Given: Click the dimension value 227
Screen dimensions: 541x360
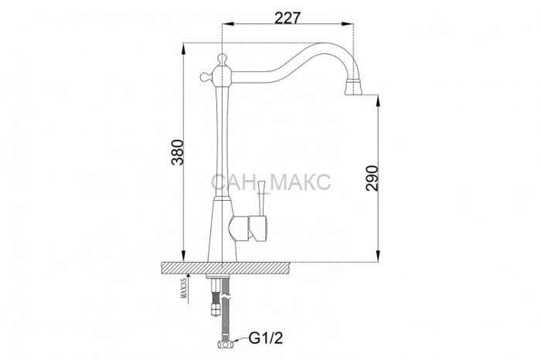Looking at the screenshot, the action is [288, 18].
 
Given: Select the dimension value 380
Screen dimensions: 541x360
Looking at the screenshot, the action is [178, 152].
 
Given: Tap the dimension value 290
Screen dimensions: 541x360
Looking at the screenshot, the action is [373, 178].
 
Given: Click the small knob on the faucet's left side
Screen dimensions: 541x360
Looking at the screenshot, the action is [206, 76].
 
